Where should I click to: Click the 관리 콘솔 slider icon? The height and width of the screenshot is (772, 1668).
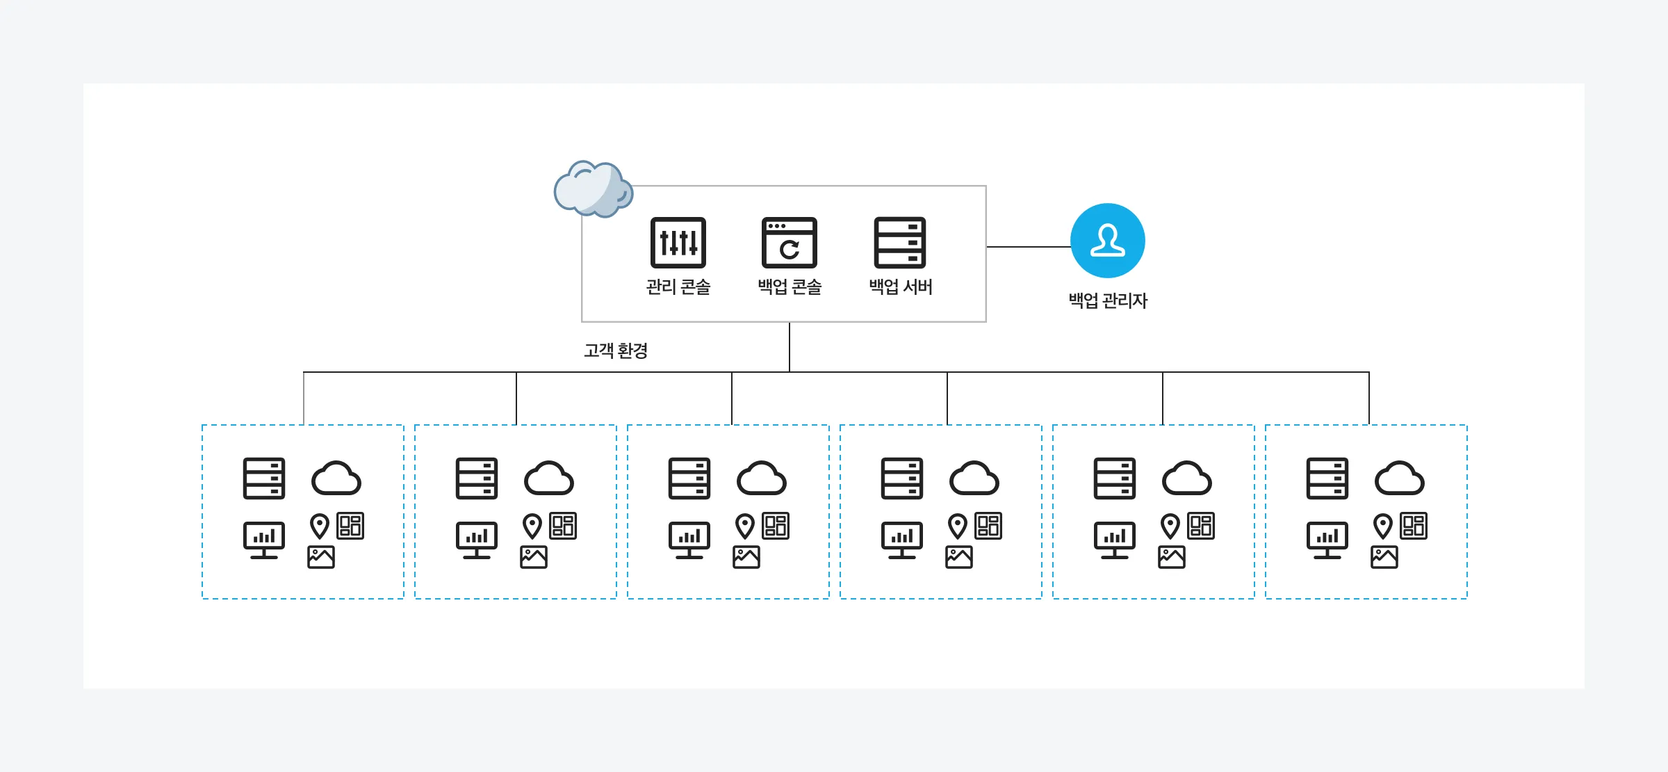pos(678,242)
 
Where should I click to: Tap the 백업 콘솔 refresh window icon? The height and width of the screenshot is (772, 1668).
pos(789,242)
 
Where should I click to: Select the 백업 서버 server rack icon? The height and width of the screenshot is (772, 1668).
pos(899,242)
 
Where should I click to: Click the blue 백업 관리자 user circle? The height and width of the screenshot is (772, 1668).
pos(1107,241)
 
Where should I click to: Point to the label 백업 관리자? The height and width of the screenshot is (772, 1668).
pos(1108,300)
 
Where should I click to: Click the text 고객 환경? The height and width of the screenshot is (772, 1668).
pos(616,351)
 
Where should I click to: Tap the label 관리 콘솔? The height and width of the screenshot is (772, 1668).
pos(678,287)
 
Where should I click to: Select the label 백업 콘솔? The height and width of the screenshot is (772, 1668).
pos(790,287)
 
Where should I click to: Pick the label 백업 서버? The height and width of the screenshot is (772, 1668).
pos(901,287)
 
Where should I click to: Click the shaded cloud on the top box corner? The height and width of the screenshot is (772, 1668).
pos(593,188)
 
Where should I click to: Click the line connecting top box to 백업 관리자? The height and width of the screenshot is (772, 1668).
pos(1028,247)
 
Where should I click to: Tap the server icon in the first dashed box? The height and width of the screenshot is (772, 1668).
pos(264,478)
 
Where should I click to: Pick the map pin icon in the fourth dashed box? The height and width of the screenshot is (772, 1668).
pos(958,526)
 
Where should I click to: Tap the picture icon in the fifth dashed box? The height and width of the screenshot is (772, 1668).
pos(1172,557)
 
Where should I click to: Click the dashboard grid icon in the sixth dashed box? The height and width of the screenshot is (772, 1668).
pos(1414,526)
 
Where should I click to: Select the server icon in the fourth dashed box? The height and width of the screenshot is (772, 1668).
pos(902,478)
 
